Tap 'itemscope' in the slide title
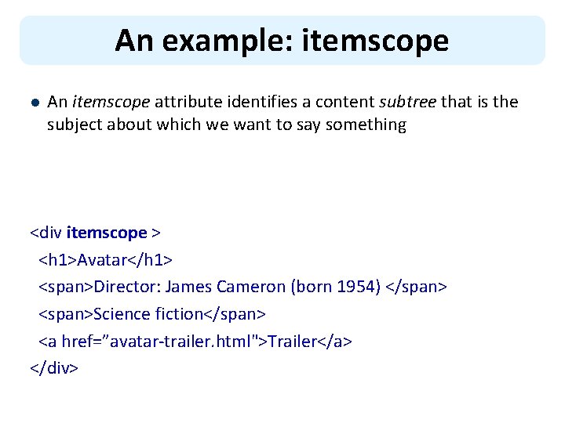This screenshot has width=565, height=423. tap(372, 41)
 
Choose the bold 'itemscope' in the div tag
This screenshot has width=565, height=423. tap(107, 233)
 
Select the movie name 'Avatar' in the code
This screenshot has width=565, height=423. tap(104, 260)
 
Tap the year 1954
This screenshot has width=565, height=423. tap(359, 287)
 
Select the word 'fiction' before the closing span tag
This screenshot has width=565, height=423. tap(180, 314)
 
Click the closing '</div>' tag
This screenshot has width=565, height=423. tap(54, 368)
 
